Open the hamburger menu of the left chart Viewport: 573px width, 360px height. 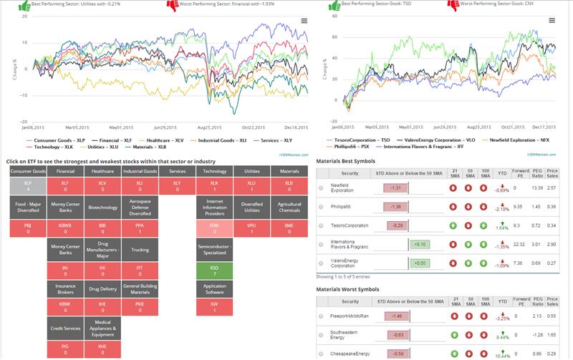tap(304, 21)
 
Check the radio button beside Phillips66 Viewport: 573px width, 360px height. tap(322, 207)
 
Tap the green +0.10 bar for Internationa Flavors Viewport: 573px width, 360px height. tap(420, 244)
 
